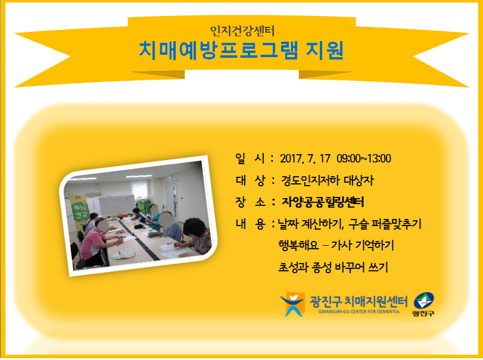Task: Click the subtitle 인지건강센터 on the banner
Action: [242, 31]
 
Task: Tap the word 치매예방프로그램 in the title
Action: [218, 51]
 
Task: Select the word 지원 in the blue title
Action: [325, 51]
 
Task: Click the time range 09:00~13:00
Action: [364, 158]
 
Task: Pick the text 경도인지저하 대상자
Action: [327, 180]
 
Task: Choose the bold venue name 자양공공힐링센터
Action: [323, 202]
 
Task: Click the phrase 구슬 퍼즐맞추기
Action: [385, 224]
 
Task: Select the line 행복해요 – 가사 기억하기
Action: [336, 246]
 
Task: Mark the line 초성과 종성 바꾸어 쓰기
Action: [333, 267]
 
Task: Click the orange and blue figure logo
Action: [292, 304]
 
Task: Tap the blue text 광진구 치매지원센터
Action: [359, 301]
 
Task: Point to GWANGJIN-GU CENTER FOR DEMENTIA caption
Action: [359, 312]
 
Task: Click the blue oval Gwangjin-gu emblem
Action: [423, 300]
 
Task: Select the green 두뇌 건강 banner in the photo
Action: [79, 212]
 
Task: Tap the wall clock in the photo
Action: [98, 187]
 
